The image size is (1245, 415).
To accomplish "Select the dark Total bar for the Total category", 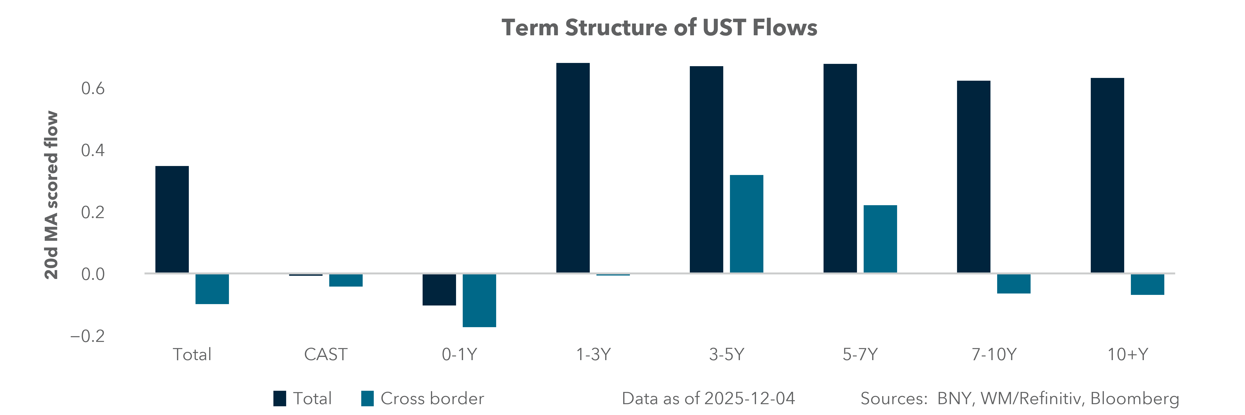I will tap(172, 220).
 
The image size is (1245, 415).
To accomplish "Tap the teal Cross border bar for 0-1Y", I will tap(479, 300).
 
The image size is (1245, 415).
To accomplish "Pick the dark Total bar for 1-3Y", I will tap(573, 168).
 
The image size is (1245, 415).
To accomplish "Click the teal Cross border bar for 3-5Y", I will tap(746, 224).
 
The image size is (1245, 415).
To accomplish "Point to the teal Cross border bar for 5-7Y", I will tap(880, 239).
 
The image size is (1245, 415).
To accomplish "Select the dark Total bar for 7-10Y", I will tap(973, 177).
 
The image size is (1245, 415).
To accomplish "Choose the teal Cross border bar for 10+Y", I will tap(1147, 285).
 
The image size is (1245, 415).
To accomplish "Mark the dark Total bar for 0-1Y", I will tap(439, 290).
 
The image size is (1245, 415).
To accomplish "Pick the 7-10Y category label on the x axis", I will tap(994, 355).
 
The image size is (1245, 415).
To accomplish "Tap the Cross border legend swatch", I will tap(367, 399).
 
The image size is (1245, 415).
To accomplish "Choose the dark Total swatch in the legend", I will tap(279, 399).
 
